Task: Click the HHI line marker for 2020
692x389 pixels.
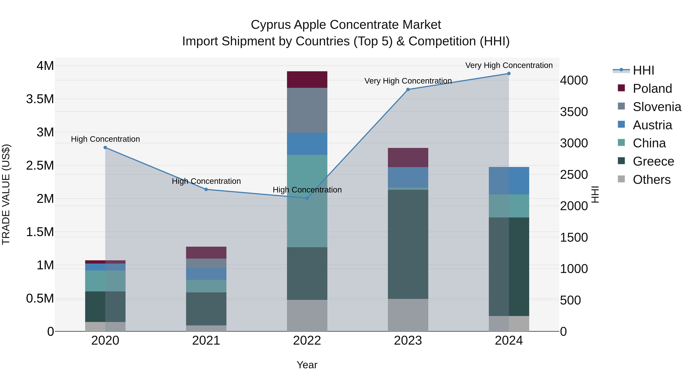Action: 105,147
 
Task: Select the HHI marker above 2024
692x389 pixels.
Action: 509,74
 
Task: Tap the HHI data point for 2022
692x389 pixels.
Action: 307,198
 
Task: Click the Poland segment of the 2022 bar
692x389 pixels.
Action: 307,80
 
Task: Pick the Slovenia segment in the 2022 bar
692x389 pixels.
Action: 307,110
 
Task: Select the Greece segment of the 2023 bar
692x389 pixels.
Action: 408,244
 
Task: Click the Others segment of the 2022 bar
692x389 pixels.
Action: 307,315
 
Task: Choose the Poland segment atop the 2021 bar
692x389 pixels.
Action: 206,253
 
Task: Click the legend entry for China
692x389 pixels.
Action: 649,143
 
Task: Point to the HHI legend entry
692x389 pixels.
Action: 643,70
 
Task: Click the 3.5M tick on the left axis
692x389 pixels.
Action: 40,99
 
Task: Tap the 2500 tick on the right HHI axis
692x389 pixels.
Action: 574,175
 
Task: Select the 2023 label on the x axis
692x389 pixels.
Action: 408,341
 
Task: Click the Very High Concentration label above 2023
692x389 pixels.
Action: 408,81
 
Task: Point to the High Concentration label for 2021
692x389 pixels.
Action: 206,181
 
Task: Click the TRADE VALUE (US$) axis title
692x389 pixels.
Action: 6,194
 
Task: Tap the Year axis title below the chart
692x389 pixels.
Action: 307,365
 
